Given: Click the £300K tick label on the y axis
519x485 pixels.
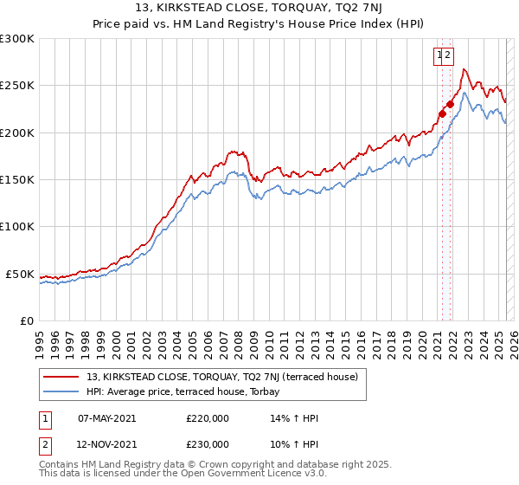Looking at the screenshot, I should [x=16, y=39].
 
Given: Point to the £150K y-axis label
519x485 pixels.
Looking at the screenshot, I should [x=16, y=180].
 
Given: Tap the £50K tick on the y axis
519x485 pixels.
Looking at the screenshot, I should [x=20, y=274].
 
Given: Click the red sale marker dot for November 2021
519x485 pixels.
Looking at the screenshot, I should [x=451, y=104].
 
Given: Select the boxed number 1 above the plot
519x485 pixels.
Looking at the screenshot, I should [x=440, y=55].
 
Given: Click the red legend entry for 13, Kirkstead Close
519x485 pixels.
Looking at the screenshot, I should [x=227, y=377].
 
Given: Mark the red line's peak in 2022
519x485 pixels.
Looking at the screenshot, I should [x=465, y=69].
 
